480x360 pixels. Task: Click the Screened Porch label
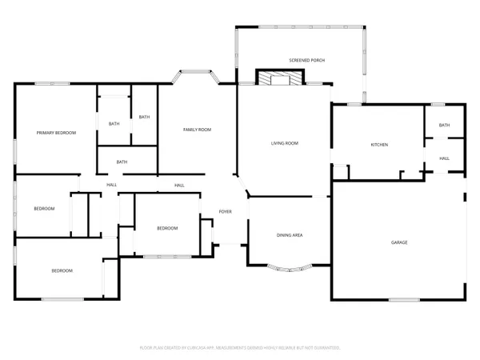307,60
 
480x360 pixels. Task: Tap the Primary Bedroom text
56,132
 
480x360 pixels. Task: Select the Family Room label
197,129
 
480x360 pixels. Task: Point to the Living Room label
284,143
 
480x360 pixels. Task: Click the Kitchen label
378,145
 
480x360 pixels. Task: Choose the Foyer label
226,212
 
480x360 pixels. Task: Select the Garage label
399,242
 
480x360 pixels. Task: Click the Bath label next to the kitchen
444,125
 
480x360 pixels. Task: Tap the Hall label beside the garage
444,158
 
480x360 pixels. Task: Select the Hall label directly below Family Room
179,186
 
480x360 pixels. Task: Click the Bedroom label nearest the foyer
166,228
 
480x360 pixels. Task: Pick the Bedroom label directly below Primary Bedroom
44,209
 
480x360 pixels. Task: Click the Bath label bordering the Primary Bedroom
114,123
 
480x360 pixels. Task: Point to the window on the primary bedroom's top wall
51,84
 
